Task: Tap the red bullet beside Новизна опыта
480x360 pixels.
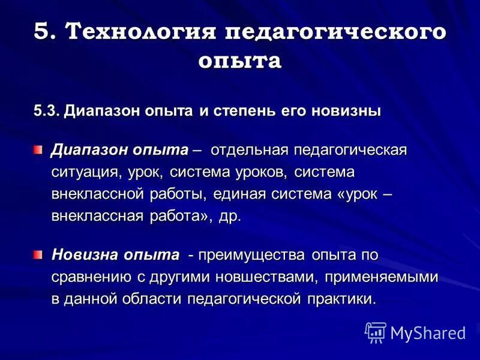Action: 38,255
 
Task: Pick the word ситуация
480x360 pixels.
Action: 86,172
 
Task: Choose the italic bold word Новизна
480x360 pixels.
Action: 85,254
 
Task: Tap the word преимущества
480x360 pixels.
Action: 253,255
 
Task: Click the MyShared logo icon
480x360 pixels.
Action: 376,332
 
